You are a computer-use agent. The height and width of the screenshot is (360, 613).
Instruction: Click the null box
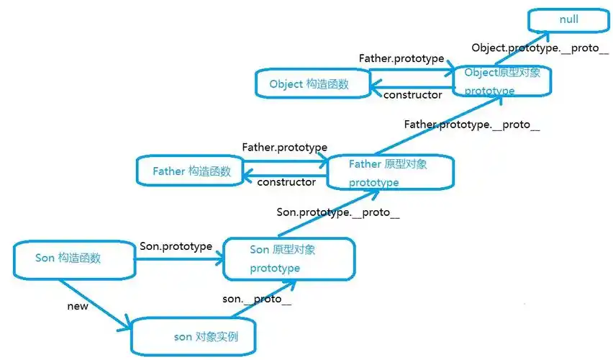(x=568, y=19)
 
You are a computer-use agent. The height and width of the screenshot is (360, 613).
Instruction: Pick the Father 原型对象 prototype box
(x=390, y=173)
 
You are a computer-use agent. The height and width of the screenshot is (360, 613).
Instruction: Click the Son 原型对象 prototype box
(x=289, y=259)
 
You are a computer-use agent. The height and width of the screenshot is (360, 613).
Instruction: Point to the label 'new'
(x=77, y=306)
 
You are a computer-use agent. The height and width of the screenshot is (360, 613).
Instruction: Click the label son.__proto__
(x=257, y=299)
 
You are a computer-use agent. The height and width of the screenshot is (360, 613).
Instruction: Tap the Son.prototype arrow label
(x=176, y=246)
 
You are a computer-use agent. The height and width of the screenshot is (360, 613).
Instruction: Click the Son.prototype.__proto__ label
(x=337, y=212)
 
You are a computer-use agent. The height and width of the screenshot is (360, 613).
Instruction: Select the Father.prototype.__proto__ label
(x=471, y=124)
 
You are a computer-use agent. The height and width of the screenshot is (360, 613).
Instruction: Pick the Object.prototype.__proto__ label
(x=540, y=48)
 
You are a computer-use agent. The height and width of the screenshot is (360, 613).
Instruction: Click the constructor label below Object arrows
(x=412, y=94)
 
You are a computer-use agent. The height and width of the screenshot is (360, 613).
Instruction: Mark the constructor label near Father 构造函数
(x=286, y=182)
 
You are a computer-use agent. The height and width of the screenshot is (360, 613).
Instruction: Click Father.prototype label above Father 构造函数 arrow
(x=284, y=147)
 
